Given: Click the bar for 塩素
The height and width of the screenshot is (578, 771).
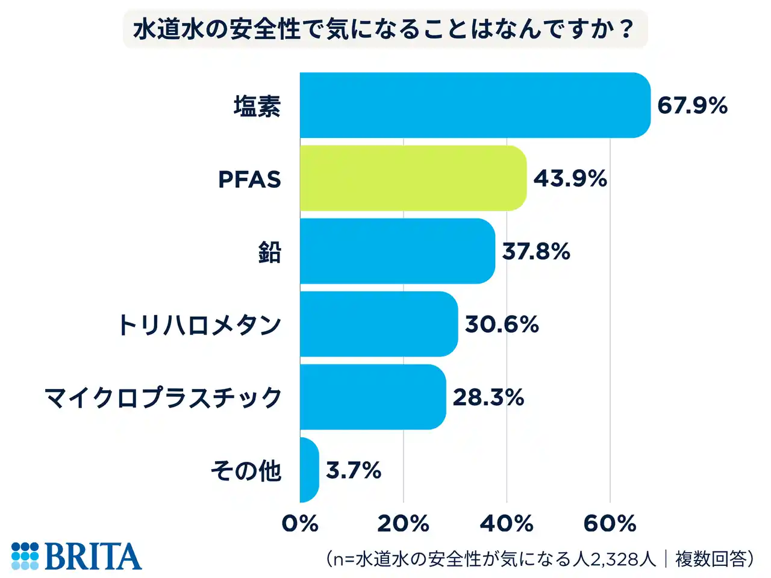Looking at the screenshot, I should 475,105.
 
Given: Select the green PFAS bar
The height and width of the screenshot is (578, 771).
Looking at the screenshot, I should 413,178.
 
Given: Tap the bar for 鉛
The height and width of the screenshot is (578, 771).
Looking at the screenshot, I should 397,251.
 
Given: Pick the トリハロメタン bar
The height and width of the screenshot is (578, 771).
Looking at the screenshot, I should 378,324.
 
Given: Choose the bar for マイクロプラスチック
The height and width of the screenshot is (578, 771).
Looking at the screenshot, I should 372,397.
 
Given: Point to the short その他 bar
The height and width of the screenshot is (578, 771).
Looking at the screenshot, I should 308,470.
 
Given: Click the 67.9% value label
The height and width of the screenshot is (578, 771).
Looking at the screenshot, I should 692,106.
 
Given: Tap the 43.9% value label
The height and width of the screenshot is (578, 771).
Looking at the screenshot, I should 570,179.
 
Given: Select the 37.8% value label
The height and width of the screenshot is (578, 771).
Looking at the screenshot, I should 536,252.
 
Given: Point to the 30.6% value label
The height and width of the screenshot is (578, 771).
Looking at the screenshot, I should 502,325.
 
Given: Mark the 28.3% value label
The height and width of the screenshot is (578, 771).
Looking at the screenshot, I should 488,397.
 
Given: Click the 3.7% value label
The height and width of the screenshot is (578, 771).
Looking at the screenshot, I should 354,470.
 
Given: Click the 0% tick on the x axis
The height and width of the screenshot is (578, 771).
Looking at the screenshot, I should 300,524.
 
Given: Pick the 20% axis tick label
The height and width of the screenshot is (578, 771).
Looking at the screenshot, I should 403,524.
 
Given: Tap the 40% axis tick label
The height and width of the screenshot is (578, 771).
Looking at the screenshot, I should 507,524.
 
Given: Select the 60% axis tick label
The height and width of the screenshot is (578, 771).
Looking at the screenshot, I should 610,524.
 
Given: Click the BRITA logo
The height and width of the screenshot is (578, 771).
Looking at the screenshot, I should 76,556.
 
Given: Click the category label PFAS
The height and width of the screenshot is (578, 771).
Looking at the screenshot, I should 249,179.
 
